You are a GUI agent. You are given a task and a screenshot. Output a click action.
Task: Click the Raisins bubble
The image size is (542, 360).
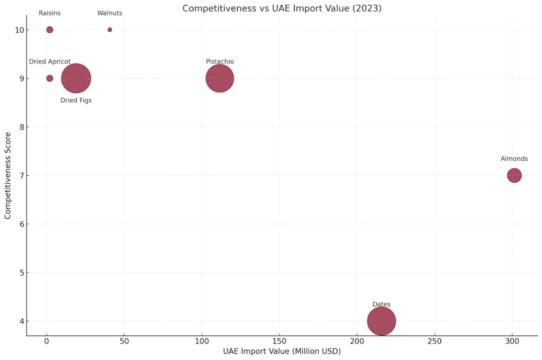pos(50,30)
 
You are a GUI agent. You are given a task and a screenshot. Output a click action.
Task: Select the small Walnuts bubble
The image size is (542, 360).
pos(110,30)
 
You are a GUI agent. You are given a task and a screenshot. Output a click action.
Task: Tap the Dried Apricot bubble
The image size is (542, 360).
pos(50,78)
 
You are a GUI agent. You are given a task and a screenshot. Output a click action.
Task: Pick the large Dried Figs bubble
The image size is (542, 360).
pos(76,78)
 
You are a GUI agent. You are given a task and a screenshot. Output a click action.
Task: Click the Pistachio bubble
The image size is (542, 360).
pos(220,78)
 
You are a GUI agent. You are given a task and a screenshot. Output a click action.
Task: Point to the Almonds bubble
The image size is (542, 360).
pos(514,175)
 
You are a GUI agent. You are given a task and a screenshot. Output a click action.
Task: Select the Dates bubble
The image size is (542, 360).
pos(381,321)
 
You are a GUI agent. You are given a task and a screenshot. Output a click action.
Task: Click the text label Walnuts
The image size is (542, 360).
pos(110,13)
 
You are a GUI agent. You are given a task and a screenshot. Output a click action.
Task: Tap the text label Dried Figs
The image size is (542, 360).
pos(76,100)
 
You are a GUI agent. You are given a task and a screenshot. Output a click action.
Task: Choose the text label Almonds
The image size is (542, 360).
pos(514,159)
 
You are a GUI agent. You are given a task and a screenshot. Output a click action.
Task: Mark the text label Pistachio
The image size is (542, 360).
pos(220,61)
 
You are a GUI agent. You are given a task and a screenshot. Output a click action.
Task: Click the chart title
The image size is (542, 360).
pos(282,8)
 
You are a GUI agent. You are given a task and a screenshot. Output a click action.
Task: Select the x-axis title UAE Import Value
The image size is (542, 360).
pos(282,351)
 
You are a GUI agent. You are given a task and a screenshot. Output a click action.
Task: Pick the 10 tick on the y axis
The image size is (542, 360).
pos(19,30)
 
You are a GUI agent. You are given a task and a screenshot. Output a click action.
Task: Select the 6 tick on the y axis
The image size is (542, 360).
pos(21,224)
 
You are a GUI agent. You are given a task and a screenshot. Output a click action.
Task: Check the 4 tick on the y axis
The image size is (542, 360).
pos(21,321)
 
